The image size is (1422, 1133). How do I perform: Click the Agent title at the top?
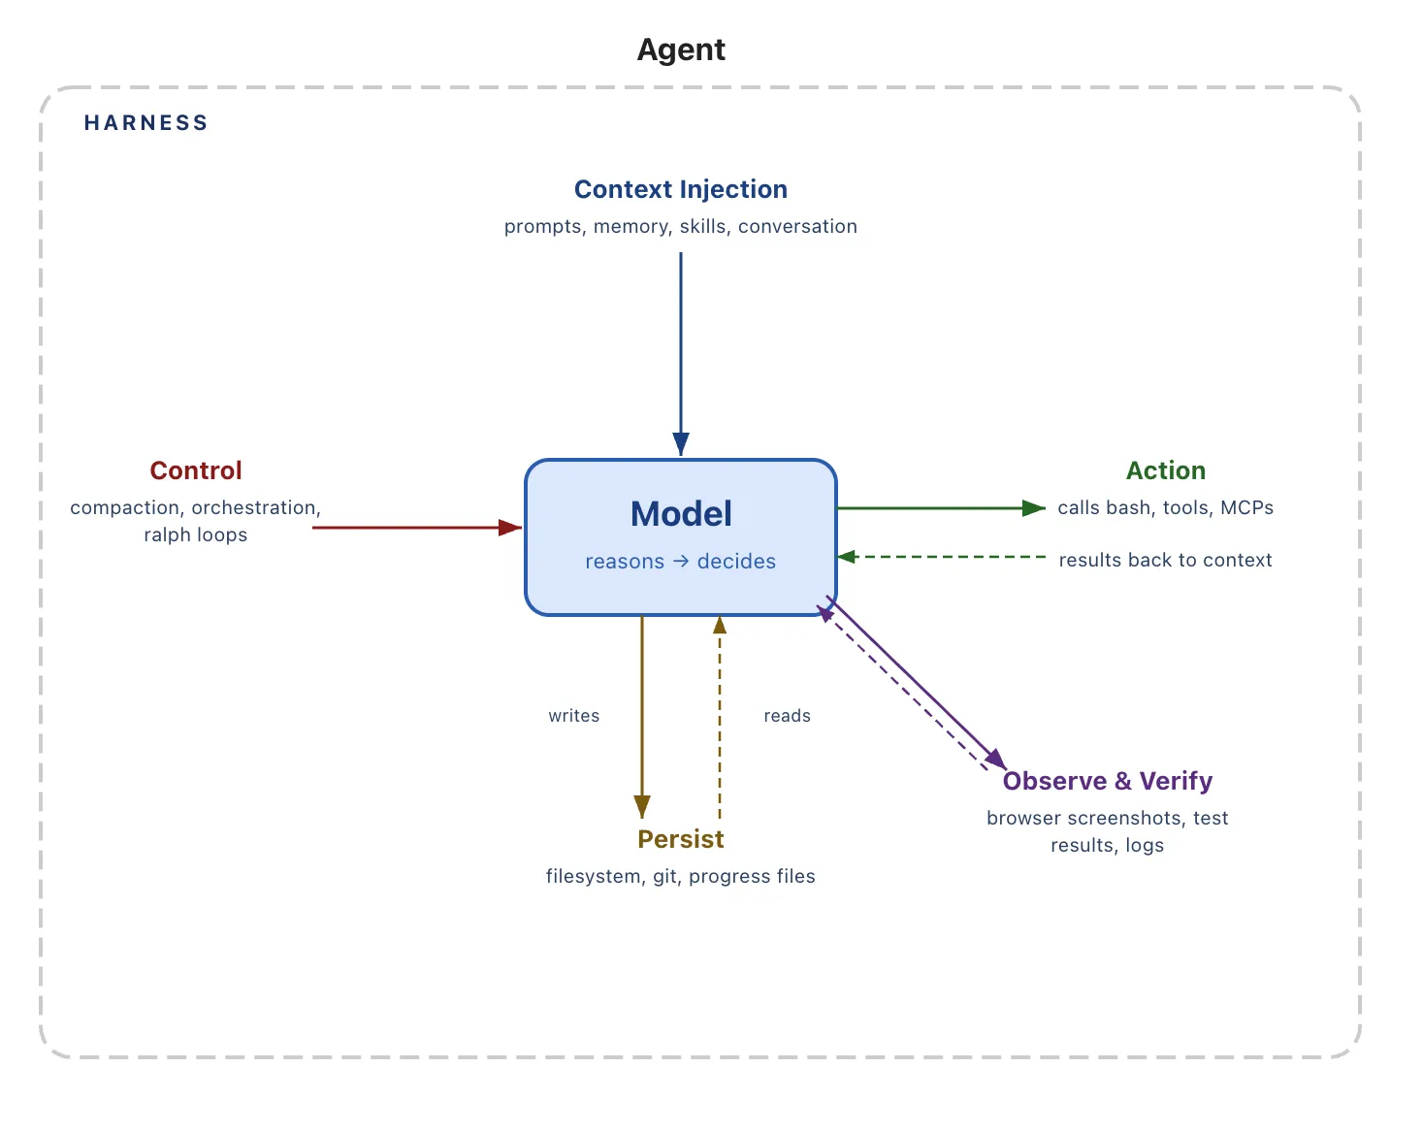681,49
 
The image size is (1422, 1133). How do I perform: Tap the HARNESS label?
145,123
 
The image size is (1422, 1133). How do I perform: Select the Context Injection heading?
681,189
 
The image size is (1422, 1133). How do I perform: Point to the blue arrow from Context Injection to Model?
681,349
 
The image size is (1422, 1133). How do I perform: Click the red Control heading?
196,470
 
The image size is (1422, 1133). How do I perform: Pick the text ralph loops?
196,534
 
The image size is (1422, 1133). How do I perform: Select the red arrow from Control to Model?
417,528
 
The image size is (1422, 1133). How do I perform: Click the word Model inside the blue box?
681,514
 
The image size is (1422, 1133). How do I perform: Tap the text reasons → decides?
681,562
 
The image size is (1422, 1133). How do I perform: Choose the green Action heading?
1166,470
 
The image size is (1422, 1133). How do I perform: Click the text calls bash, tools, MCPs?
1165,507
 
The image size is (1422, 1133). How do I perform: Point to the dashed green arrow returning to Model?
941,557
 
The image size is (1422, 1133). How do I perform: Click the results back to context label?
1165,560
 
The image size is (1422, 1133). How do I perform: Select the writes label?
574,716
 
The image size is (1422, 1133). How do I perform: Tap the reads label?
787,716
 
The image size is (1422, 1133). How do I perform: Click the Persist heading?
681,839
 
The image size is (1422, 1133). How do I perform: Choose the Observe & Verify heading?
1108,781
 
